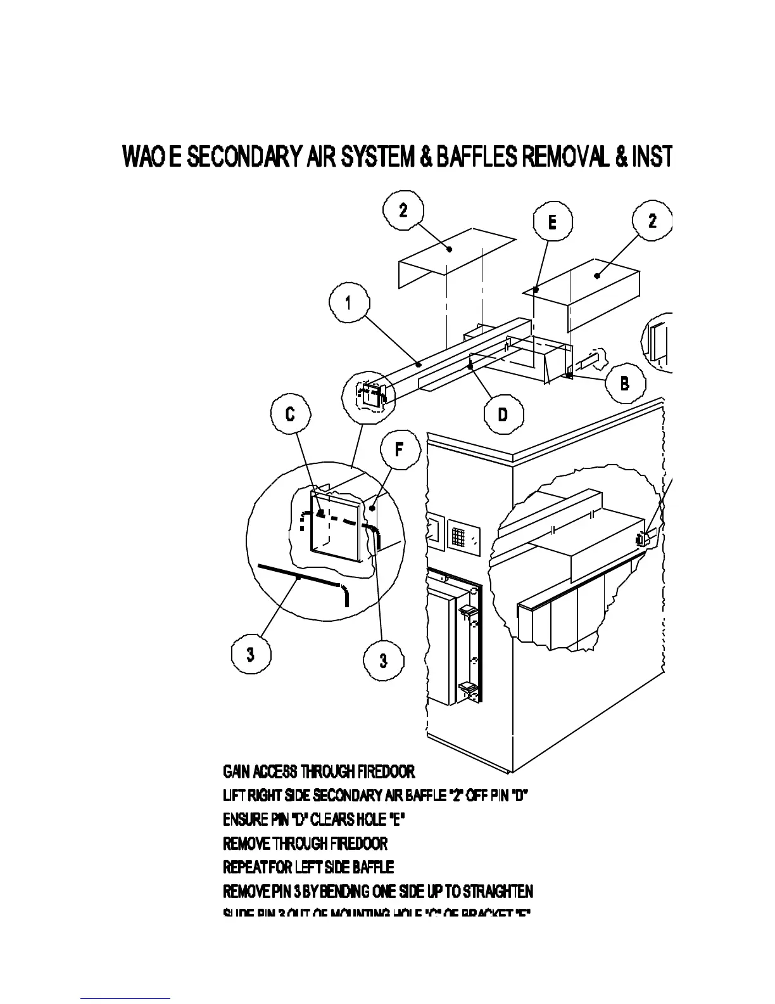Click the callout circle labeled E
click(552, 222)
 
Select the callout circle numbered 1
click(348, 304)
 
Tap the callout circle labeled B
click(625, 383)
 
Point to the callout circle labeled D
click(503, 415)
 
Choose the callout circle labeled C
click(290, 415)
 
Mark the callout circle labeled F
click(400, 449)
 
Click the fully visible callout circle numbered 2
click(403, 210)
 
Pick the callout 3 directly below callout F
click(383, 660)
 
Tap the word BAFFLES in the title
click(477, 157)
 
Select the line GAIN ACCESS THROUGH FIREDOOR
click(319, 771)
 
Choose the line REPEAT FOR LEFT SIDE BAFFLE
click(308, 866)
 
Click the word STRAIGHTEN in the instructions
click(498, 891)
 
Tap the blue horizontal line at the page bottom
click(125, 999)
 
